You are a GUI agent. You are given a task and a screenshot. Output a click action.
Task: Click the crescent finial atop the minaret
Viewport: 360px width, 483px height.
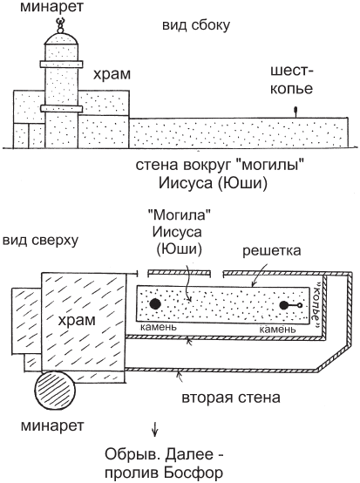click(61, 22)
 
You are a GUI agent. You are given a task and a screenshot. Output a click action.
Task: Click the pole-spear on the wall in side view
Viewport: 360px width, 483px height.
click(295, 112)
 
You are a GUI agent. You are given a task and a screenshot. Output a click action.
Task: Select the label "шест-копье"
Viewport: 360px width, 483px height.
click(291, 80)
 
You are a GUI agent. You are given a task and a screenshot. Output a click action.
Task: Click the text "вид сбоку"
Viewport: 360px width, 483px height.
click(196, 25)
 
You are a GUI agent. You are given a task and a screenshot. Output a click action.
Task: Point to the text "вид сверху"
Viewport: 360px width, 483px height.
click(40, 240)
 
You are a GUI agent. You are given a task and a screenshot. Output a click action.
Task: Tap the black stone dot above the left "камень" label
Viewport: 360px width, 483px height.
click(155, 303)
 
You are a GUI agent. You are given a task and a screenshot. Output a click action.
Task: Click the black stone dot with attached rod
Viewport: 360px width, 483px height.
click(284, 305)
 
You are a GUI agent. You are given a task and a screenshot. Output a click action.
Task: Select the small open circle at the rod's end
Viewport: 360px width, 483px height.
click(300, 305)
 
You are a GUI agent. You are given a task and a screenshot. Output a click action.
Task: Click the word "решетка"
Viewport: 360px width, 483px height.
click(271, 250)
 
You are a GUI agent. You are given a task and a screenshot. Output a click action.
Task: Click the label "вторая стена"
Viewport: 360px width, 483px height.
click(231, 398)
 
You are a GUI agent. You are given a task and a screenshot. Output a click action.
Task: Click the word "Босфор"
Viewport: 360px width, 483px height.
click(192, 473)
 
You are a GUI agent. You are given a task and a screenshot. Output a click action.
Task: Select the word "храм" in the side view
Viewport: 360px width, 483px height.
click(112, 74)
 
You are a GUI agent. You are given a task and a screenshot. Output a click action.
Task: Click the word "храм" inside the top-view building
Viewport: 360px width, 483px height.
click(77, 320)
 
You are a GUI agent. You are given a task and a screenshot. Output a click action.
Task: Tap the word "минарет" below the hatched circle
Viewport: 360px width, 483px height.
click(52, 425)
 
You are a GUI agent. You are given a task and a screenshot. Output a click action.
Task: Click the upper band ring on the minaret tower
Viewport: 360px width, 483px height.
click(61, 64)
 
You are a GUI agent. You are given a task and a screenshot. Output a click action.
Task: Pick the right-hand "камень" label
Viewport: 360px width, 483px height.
click(277, 330)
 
